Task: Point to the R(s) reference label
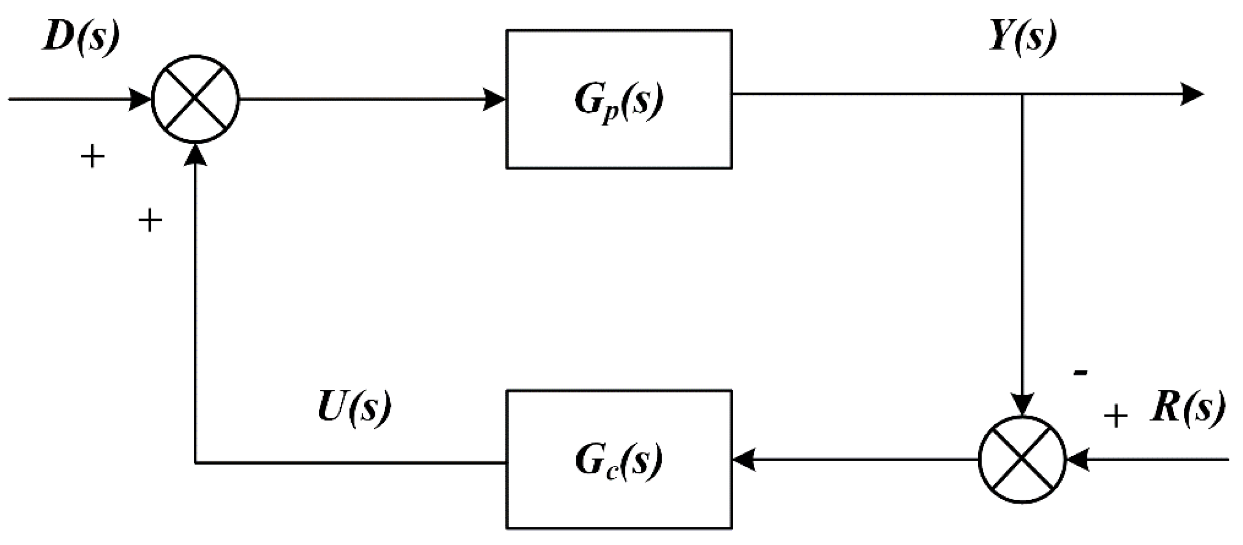click(1188, 408)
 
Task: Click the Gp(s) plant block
click(619, 99)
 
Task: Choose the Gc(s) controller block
click(619, 460)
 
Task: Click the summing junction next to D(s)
click(195, 99)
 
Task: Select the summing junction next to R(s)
click(1022, 460)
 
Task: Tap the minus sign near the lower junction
click(1080, 372)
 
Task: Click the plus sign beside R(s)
click(1116, 416)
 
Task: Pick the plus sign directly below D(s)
click(92, 157)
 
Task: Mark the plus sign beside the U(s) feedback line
click(150, 221)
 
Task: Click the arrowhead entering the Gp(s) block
click(495, 99)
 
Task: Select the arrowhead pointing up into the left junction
click(195, 154)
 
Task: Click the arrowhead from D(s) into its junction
click(140, 99)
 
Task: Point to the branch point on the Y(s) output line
click(1022, 94)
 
